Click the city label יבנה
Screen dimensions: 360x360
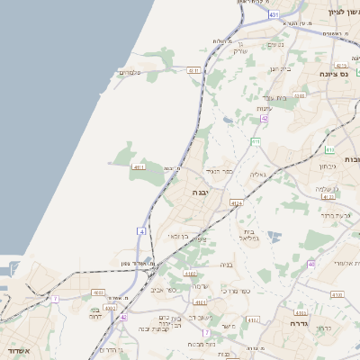[x=200, y=192]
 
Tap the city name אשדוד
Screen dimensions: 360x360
[x=17, y=351]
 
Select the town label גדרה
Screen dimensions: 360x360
[x=300, y=322]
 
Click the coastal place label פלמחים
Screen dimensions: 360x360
[x=130, y=73]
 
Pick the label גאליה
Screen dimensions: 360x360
[x=257, y=175]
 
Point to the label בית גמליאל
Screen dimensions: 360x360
[x=247, y=235]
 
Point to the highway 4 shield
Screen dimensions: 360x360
[x=141, y=231]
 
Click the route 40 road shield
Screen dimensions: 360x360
[x=310, y=264]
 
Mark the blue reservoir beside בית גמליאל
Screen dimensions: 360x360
[x=274, y=237]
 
